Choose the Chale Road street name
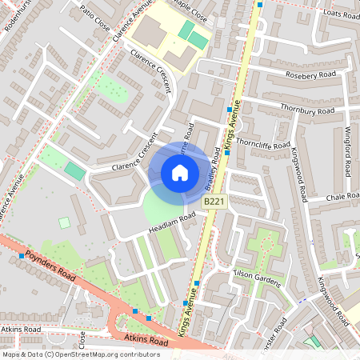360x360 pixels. (343, 197)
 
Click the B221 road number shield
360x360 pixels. (213, 202)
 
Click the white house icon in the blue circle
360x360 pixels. (180, 172)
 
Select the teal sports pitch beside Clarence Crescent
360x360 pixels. (74, 170)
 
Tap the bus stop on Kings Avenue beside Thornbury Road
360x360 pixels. (230, 109)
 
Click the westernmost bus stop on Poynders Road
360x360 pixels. (21, 256)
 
